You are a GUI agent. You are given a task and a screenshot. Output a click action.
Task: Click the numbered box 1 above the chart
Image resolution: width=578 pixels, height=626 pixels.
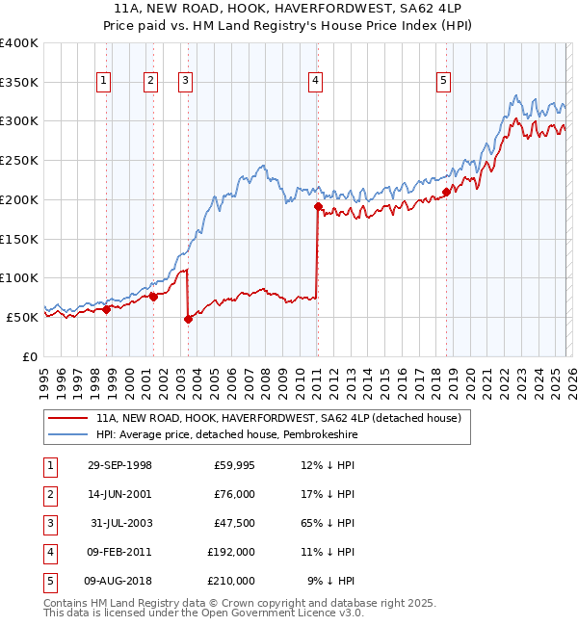tap(103, 82)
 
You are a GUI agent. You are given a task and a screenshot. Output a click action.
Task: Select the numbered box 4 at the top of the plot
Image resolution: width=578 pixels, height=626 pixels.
tap(315, 82)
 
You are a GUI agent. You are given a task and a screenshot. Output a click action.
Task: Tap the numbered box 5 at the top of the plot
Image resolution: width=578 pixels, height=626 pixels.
tap(443, 82)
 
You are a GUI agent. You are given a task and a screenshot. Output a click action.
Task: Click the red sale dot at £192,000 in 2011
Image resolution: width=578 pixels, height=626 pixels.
tap(317, 205)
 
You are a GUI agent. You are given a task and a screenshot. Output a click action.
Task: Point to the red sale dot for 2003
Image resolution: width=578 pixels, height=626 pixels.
tap(188, 319)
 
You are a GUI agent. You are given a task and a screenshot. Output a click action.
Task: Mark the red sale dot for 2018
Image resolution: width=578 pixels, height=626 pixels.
tap(446, 192)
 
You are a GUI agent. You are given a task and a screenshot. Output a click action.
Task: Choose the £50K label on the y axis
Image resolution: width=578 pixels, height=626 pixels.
tap(22, 317)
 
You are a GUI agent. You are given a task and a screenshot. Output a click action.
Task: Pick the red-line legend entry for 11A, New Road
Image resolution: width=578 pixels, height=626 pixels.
tap(279, 418)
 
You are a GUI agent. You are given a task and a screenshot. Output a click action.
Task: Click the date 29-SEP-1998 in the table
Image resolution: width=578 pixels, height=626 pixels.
tap(118, 465)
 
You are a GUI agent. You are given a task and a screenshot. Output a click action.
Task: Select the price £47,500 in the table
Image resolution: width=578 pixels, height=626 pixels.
tap(234, 523)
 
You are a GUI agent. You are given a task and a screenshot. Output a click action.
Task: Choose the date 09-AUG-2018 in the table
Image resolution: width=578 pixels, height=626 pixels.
tap(118, 581)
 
